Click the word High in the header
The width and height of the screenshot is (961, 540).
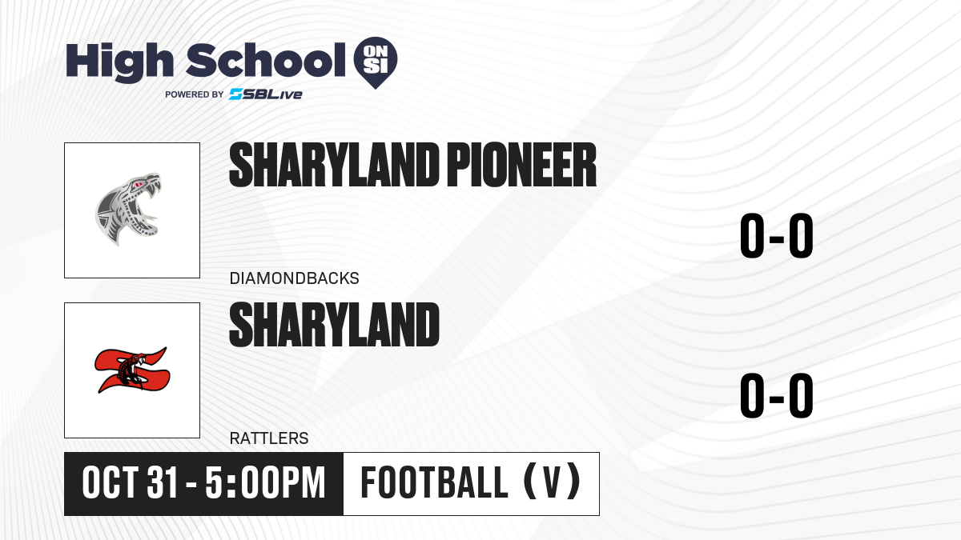[119, 62]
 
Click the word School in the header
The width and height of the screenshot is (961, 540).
[266, 60]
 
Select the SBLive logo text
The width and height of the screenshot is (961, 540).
[266, 94]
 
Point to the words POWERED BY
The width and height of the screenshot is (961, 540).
[195, 94]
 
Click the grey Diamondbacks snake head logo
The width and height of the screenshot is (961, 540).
[128, 209]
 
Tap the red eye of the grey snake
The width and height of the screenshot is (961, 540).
[138, 185]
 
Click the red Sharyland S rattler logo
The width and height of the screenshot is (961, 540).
[132, 370]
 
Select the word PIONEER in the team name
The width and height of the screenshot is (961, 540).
[521, 165]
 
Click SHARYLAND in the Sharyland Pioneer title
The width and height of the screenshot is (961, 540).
[334, 165]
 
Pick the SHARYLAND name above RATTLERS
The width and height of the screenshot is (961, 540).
[334, 325]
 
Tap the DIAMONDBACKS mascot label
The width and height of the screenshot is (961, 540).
[295, 278]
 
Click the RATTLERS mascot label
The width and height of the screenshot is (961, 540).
[269, 438]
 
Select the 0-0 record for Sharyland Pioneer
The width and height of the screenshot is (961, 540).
[777, 236]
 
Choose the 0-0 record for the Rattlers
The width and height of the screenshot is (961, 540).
[777, 395]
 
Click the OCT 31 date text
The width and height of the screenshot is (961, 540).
[130, 483]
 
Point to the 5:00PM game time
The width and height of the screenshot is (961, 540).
[265, 483]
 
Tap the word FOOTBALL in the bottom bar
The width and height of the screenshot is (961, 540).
[434, 482]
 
